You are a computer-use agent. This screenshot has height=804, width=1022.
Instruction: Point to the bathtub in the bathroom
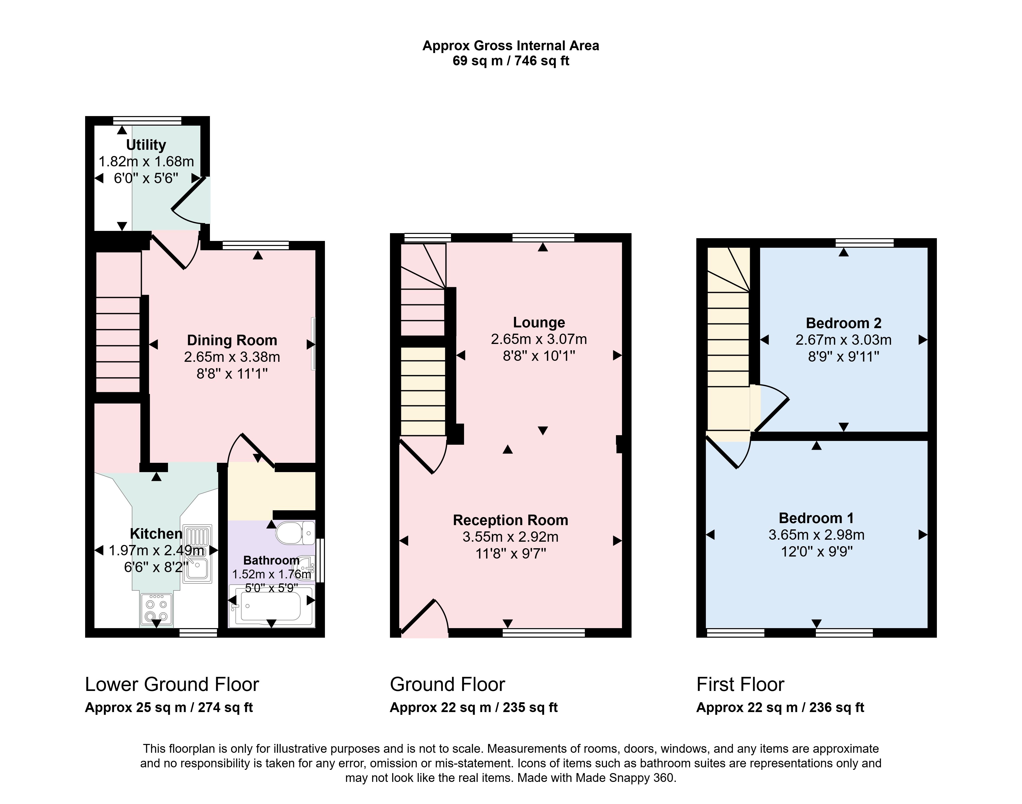[x=271, y=606]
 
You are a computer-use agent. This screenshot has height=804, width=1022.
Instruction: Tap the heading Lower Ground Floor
[x=172, y=684]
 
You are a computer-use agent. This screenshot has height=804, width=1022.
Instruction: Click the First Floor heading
[x=740, y=684]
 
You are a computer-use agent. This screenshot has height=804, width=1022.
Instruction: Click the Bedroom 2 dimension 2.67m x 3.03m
[x=844, y=340]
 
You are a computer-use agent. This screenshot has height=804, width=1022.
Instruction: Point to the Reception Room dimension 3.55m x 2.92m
[x=510, y=537]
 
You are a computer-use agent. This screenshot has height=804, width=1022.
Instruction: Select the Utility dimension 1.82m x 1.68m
[x=146, y=162]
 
